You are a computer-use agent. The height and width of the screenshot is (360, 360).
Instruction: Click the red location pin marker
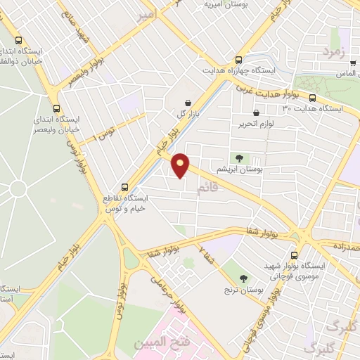tap(181, 165)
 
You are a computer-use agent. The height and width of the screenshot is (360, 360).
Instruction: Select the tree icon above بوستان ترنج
tap(243, 278)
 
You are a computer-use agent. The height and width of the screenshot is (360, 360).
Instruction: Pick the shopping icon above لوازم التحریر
tap(255, 113)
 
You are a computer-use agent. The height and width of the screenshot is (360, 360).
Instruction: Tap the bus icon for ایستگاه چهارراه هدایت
tap(238, 60)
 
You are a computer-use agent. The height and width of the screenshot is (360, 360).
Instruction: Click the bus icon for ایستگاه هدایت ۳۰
tap(312, 98)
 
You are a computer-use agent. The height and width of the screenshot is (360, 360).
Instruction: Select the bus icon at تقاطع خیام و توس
tap(124, 187)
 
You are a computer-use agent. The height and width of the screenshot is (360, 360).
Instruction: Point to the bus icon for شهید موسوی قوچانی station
tap(295, 255)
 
